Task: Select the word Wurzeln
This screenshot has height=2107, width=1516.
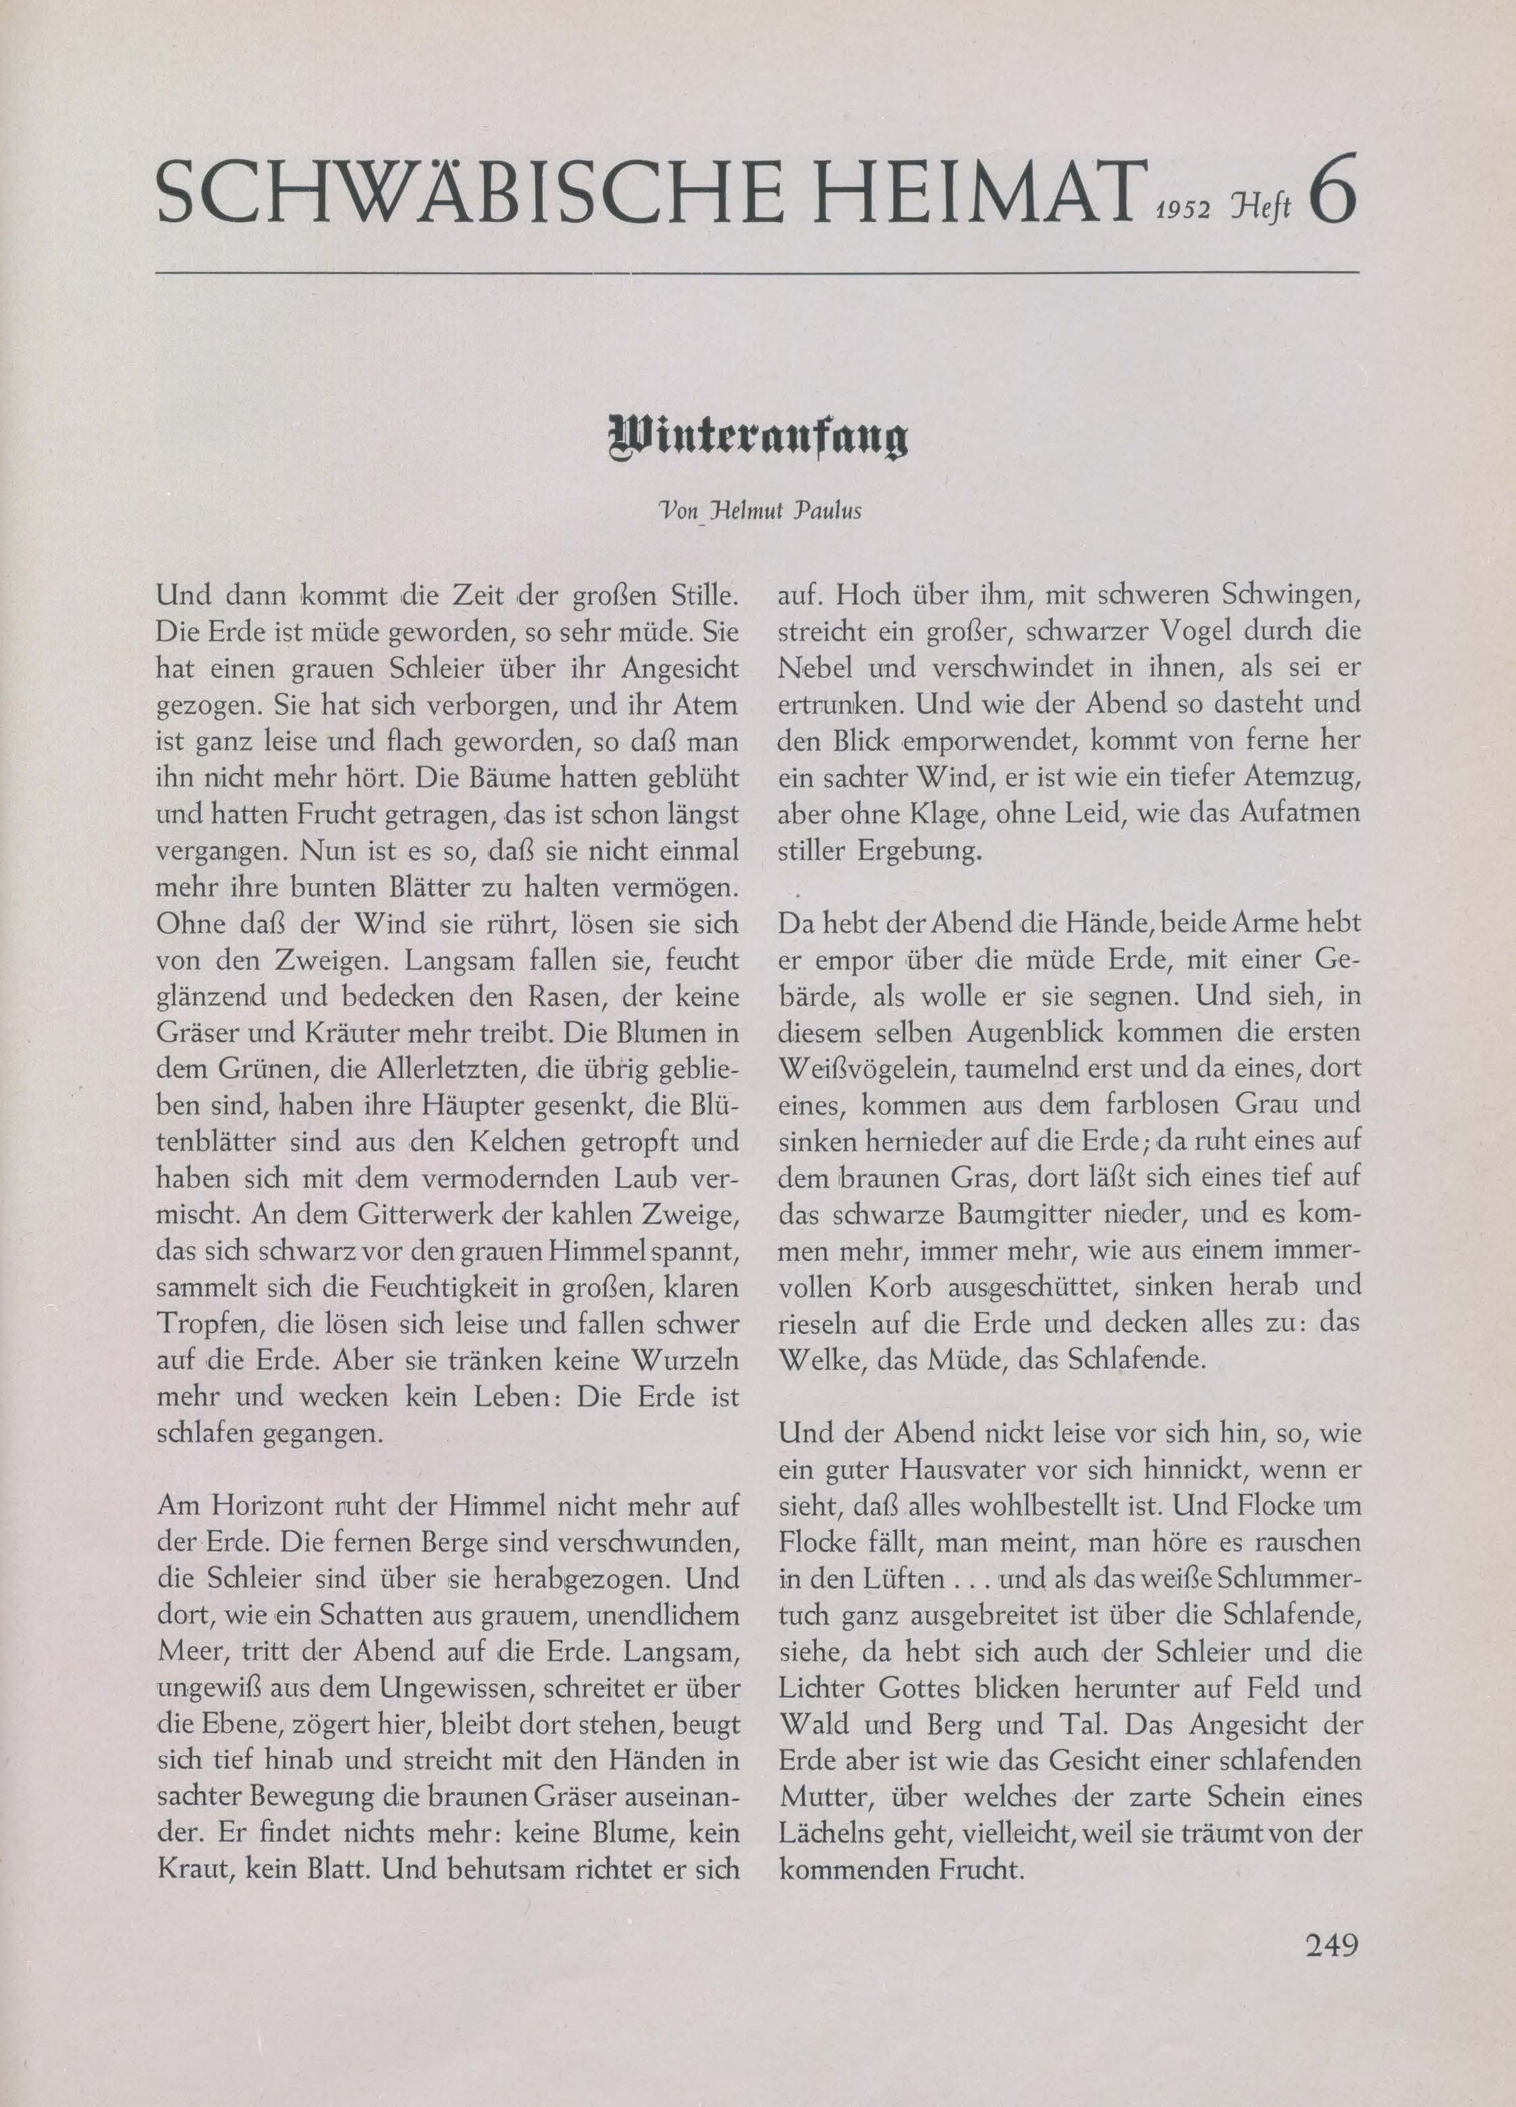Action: click(684, 1360)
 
